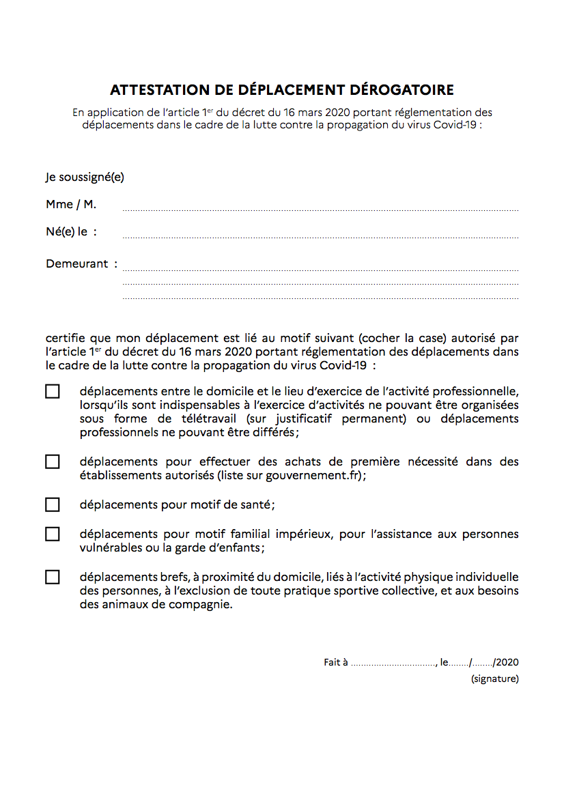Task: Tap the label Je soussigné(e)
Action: tap(85, 177)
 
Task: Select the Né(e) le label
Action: tap(71, 232)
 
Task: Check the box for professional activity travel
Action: tap(53, 392)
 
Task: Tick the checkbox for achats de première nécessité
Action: tap(53, 462)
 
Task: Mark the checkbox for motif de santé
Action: tap(53, 505)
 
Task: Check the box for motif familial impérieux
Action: tap(53, 535)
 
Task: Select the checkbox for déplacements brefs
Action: tap(53, 578)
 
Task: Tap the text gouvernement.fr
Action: tap(323, 476)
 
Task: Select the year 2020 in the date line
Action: tap(507, 662)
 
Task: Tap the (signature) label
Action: tap(494, 679)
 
